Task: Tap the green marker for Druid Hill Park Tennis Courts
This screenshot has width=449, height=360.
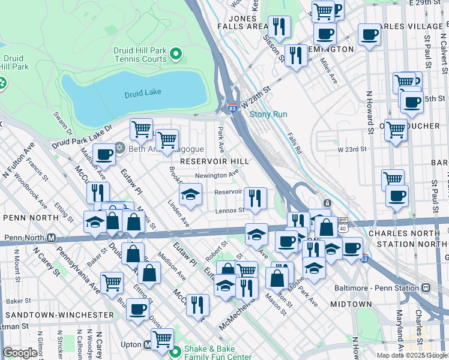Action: tap(176, 55)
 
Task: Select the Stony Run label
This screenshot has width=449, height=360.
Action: tap(268, 114)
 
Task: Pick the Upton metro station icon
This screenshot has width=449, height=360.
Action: tap(146, 344)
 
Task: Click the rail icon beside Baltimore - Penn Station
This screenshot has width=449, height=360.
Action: tap(426, 288)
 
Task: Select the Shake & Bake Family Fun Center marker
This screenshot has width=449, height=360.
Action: tap(176, 352)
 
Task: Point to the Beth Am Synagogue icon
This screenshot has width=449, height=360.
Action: tap(119, 148)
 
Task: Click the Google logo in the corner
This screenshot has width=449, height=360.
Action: tap(20, 353)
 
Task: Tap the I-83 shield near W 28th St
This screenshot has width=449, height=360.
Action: tap(232, 109)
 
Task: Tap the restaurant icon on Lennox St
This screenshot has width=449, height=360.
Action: tap(255, 197)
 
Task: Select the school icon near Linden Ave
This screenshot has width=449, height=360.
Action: tap(190, 195)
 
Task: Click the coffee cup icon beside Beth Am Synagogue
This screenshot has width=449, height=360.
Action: tap(104, 155)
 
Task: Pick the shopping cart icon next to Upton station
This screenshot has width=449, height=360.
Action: tap(162, 338)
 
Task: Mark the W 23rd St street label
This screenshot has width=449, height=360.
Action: tap(351, 149)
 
